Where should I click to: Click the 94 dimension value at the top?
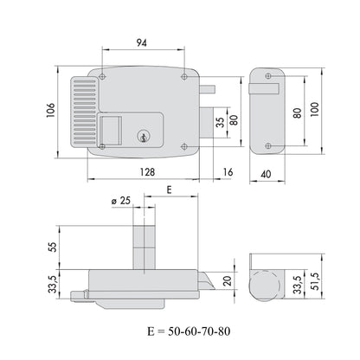pyautogui.click(x=142, y=42)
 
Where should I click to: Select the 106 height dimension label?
pyautogui.click(x=50, y=110)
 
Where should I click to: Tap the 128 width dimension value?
pyautogui.click(x=148, y=172)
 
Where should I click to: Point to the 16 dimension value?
pyautogui.click(x=228, y=172)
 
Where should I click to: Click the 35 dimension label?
pyautogui.click(x=220, y=123)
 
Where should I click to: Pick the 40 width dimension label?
pyautogui.click(x=266, y=174)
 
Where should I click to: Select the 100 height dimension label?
pyautogui.click(x=315, y=109)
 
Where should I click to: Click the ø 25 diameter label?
pyautogui.click(x=121, y=201)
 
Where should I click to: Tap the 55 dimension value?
pyautogui.click(x=53, y=247)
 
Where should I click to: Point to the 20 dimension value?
pyautogui.click(x=228, y=280)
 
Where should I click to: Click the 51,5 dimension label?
pyautogui.click(x=315, y=282)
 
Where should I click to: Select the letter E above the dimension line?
pyautogui.click(x=170, y=190)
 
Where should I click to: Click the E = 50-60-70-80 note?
pyautogui.click(x=189, y=331)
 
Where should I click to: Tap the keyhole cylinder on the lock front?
pyautogui.click(x=142, y=136)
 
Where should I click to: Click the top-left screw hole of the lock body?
pyautogui.click(x=102, y=76)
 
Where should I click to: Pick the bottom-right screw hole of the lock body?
pyautogui.click(x=184, y=147)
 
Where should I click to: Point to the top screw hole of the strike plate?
pyautogui.click(x=268, y=76)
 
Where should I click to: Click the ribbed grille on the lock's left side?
pyautogui.click(x=85, y=112)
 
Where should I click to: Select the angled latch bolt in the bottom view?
pyautogui.click(x=206, y=281)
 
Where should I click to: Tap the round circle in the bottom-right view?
pyautogui.click(x=265, y=286)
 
